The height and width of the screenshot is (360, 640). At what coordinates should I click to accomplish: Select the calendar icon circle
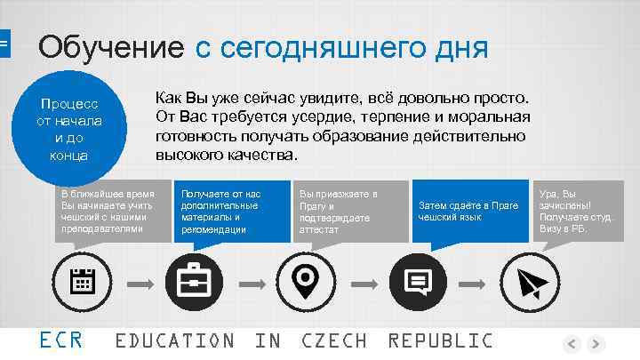(x=83, y=283)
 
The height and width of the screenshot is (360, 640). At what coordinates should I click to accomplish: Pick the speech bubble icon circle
(x=415, y=283)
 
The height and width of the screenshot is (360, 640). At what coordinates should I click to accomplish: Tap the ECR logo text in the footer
(x=61, y=340)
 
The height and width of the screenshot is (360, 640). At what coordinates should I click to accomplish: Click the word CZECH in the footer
(x=333, y=340)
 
